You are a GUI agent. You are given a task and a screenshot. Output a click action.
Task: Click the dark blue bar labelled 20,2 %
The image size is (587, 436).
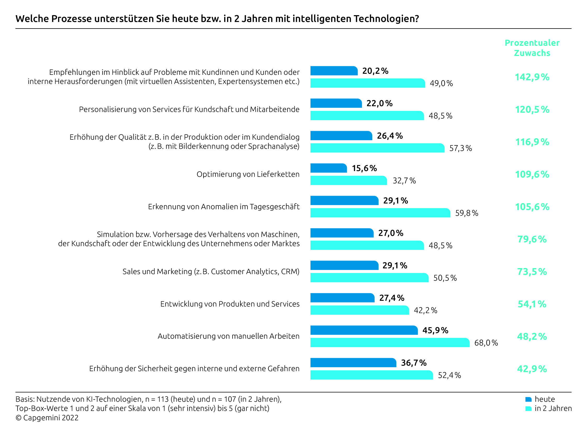334,71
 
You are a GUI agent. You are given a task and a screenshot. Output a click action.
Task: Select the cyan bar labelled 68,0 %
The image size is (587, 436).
390,342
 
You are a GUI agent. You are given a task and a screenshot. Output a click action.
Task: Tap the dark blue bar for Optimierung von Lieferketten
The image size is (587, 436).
328,168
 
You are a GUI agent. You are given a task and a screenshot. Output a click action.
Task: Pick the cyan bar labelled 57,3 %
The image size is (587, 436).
377,148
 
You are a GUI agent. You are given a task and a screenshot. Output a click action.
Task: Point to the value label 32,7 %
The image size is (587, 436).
404,180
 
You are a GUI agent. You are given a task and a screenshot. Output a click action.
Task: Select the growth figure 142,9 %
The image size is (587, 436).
532,77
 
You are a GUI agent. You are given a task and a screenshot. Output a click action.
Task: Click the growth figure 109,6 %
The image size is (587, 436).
532,174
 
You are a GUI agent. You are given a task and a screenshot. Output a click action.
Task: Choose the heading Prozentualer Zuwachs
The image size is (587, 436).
532,48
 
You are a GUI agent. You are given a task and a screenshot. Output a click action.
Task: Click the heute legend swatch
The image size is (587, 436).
528,399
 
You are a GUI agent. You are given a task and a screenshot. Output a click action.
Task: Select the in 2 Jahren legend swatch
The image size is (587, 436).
528,408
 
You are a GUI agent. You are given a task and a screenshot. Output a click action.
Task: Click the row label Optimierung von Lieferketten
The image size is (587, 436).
248,174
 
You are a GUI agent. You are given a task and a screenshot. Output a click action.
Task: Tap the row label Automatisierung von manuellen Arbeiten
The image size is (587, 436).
228,336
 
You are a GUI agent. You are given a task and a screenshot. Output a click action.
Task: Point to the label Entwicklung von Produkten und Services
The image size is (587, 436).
230,304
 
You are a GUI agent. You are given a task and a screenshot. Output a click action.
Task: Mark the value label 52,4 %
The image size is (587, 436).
449,375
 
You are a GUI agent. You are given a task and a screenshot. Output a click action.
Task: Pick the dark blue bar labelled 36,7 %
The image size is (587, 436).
353,362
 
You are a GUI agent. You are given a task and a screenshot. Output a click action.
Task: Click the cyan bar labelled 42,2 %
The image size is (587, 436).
359,310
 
